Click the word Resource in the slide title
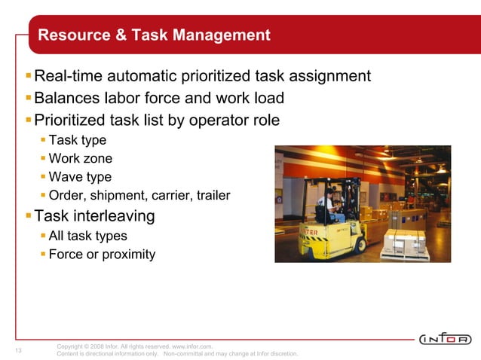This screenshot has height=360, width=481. pyautogui.click(x=72, y=35)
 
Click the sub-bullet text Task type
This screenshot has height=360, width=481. pyautogui.click(x=78, y=140)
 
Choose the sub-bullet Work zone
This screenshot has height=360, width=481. pyautogui.click(x=81, y=159)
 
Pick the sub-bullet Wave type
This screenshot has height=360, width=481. pyautogui.click(x=80, y=178)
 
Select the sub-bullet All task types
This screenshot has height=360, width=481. pyautogui.click(x=88, y=236)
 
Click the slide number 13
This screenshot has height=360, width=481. pyautogui.click(x=18, y=350)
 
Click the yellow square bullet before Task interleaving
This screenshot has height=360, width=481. pyautogui.click(x=29, y=217)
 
